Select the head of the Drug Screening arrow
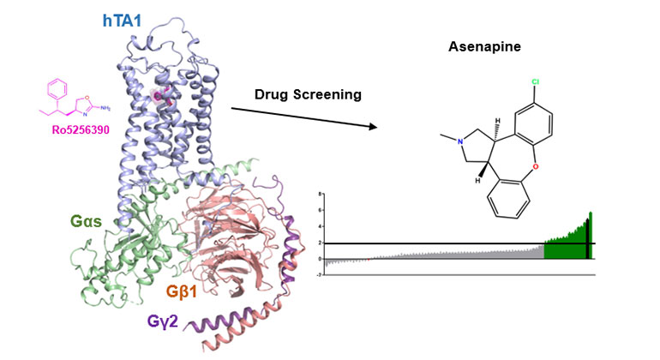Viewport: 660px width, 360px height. pyautogui.click(x=374, y=128)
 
